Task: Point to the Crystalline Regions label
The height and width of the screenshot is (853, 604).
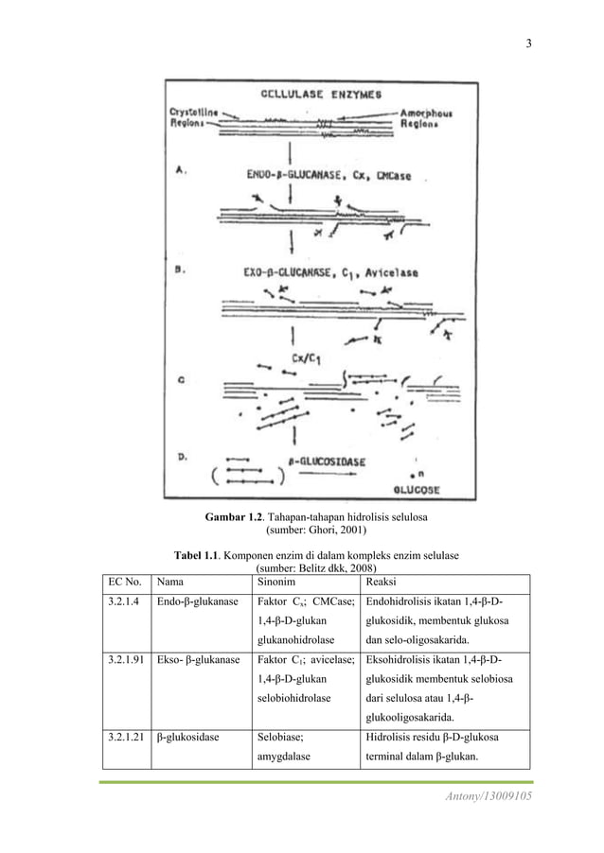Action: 191,117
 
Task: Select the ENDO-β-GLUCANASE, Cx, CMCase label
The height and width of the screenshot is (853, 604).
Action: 320,174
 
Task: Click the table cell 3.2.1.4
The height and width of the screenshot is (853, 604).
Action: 122,603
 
